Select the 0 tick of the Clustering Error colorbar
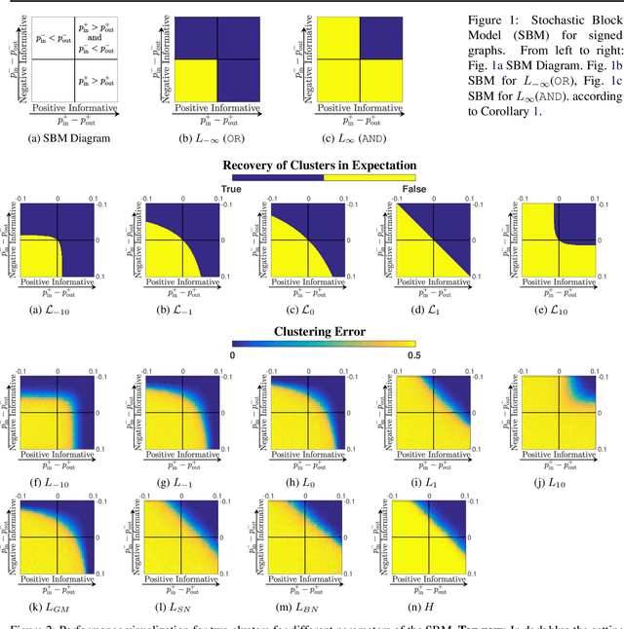click(232, 356)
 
